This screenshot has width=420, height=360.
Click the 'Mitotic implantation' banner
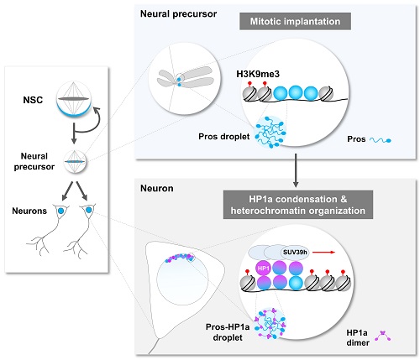295,21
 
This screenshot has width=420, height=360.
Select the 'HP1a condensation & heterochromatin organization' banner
298,205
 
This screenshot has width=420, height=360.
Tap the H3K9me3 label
258,74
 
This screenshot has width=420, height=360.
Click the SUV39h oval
295,253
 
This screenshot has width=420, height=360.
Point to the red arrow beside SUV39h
323,253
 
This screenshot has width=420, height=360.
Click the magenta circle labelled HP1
264,269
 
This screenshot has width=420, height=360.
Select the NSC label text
33,100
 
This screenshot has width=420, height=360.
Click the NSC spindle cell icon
74,99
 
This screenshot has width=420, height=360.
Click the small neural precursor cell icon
75,162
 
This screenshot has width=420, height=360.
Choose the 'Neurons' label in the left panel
29,211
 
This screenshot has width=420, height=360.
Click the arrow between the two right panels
296,170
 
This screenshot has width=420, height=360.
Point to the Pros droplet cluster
270,132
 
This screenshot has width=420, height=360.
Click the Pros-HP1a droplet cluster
270,323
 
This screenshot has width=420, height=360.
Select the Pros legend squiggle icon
381,140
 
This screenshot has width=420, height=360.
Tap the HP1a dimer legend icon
383,336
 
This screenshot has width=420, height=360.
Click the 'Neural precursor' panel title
178,13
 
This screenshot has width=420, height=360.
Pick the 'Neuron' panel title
157,188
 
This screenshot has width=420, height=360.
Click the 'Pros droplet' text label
224,137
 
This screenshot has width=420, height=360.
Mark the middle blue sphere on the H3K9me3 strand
296,93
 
